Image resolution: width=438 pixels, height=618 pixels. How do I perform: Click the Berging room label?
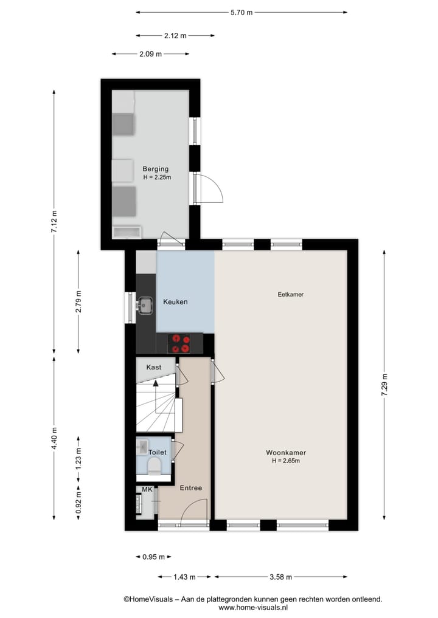[155, 169]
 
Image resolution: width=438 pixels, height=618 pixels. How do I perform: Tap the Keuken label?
[175, 302]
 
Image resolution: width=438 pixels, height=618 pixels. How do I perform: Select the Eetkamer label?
[290, 295]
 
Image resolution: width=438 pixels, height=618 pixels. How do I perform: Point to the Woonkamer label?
[285, 453]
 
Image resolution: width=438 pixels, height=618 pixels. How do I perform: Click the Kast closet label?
[154, 367]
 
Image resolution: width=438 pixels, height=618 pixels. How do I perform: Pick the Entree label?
[190, 488]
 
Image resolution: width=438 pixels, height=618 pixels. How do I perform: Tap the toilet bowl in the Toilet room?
[155, 466]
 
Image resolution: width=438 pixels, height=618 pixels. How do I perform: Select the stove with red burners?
[179, 344]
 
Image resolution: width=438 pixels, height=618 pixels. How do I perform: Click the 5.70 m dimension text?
[241, 12]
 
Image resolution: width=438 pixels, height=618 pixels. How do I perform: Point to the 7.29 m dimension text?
[384, 386]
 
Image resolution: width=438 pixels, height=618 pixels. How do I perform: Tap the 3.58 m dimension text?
[281, 577]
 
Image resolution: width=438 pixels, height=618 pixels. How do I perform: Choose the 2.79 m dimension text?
[78, 302]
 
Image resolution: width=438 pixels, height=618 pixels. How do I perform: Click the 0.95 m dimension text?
[153, 557]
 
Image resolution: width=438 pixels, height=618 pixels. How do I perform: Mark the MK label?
[147, 489]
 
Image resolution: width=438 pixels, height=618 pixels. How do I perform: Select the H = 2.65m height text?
[285, 461]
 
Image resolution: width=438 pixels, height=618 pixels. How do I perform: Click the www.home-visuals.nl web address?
[252, 607]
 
